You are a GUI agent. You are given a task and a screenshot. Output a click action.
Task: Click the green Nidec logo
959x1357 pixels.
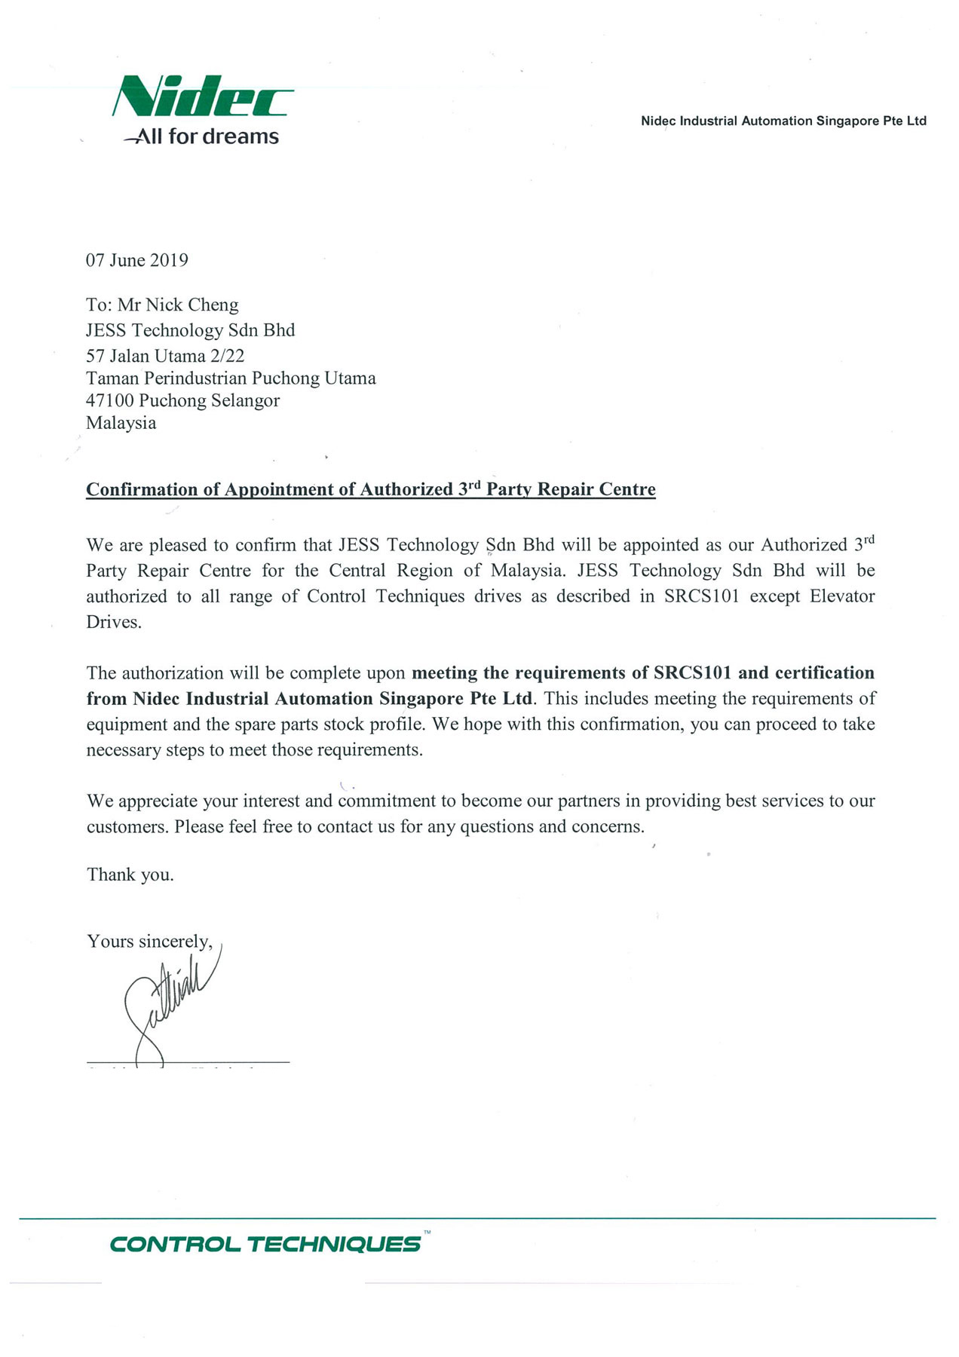(x=202, y=96)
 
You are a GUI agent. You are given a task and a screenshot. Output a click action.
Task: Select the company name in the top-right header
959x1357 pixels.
(x=783, y=121)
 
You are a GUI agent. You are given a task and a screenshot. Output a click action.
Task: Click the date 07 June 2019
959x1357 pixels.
(x=136, y=260)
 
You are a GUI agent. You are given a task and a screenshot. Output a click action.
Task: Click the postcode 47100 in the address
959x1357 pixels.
(x=110, y=400)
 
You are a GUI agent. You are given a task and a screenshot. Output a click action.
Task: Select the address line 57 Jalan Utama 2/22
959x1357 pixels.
(x=165, y=355)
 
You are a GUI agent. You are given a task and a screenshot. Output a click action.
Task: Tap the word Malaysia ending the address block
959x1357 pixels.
(x=121, y=423)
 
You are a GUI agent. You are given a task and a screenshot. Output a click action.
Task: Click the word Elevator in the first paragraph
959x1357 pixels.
(x=842, y=596)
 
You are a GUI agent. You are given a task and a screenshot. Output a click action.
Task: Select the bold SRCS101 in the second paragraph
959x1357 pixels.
(x=692, y=672)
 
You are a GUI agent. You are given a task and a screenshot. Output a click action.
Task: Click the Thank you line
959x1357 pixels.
(x=130, y=875)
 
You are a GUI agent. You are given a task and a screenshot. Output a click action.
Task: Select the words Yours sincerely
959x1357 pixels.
(x=149, y=942)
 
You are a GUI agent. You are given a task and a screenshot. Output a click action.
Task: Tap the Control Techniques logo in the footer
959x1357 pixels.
(x=265, y=1243)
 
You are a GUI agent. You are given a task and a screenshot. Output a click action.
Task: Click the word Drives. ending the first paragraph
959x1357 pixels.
(x=114, y=623)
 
